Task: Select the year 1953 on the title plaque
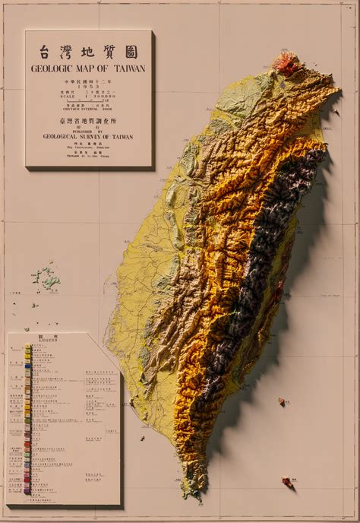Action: (x=90, y=88)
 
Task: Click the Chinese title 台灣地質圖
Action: (x=89, y=52)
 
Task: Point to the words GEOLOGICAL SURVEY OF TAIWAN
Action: (x=89, y=136)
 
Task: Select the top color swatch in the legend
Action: (x=28, y=347)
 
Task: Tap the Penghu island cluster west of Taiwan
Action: (x=48, y=281)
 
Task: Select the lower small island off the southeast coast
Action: (x=287, y=480)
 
